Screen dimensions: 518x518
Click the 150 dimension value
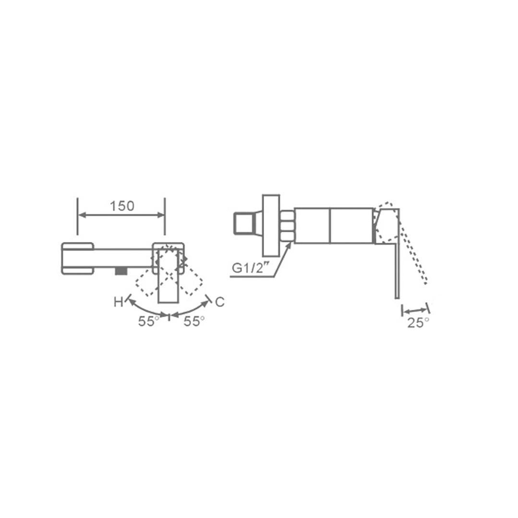click(122, 206)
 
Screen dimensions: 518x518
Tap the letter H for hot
click(118, 302)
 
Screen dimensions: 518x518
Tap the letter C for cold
click(220, 302)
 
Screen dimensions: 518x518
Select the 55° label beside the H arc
click(148, 322)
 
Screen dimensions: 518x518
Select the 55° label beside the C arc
click(194, 321)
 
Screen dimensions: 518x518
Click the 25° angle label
click(418, 323)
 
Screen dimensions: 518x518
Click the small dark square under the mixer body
click(121, 271)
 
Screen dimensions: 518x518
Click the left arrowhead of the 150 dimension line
click(82, 216)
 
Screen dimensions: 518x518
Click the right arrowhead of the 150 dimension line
click(161, 216)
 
